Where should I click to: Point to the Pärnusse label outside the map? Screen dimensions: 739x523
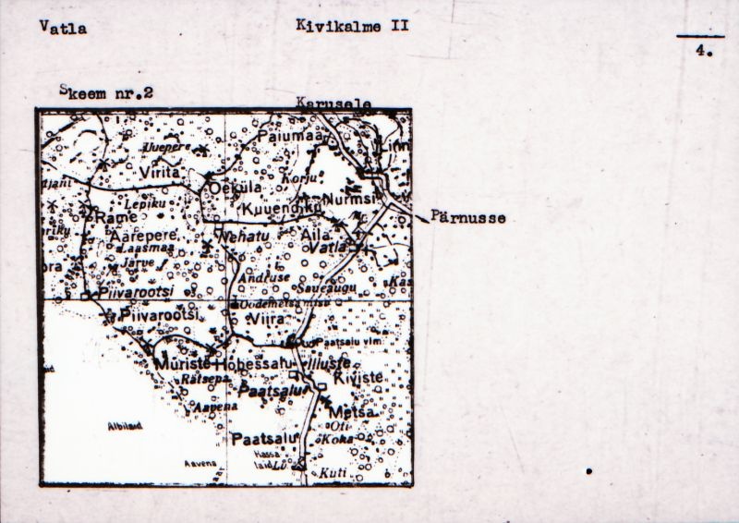tap(466, 219)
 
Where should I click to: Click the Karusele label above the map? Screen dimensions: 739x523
tap(333, 104)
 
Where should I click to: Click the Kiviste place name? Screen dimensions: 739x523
tap(356, 378)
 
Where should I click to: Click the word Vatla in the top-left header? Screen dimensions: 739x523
tap(64, 28)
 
